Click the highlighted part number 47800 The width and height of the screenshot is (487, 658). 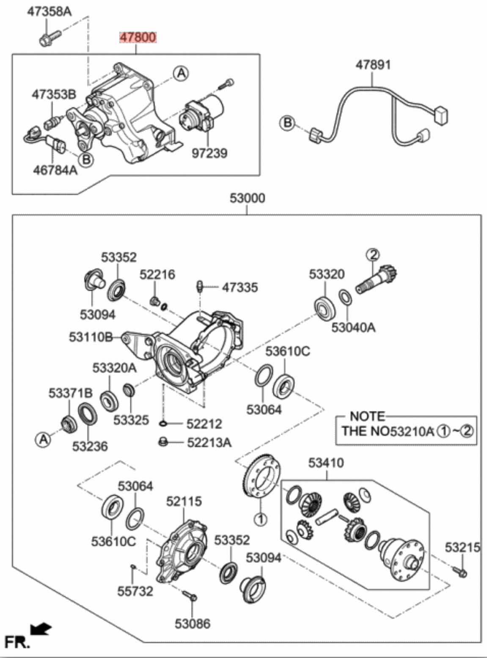click(138, 38)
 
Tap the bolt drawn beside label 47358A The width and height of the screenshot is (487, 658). click(48, 37)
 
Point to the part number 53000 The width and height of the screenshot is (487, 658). click(247, 198)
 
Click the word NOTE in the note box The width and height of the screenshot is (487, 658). click(367, 416)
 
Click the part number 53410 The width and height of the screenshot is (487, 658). click(326, 463)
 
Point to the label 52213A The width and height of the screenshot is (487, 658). click(209, 443)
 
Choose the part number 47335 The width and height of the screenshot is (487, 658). click(239, 288)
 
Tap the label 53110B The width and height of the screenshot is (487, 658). click(91, 337)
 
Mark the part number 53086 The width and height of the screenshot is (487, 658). click(192, 623)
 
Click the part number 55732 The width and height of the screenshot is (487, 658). click(135, 591)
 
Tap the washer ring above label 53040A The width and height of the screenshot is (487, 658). click(345, 297)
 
